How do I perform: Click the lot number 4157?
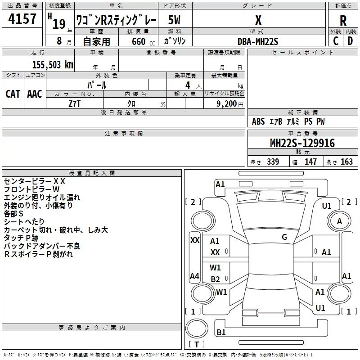point(22,18)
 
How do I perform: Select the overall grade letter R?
point(343,20)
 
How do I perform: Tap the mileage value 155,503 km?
point(53,65)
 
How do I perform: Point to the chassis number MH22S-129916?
point(302,143)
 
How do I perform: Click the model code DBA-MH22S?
point(258,41)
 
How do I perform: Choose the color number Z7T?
point(74,104)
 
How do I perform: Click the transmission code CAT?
point(13,94)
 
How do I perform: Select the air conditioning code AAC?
point(35,94)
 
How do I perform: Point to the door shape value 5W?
point(174,20)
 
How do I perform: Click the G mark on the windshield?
point(284,237)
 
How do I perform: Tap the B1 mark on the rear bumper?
point(221,332)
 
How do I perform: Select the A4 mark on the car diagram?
point(194,276)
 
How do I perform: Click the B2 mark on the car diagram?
point(216,279)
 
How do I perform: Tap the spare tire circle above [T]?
point(197,328)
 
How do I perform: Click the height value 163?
point(346,162)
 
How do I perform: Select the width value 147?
point(310,162)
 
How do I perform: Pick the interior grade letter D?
point(350,41)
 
